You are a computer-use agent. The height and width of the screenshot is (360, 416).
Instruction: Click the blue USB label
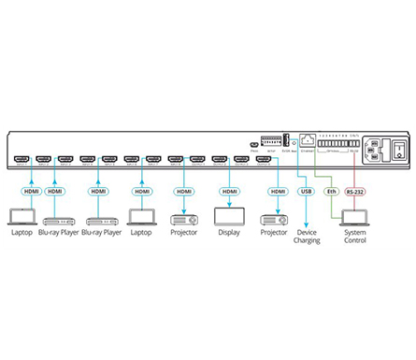point(305,192)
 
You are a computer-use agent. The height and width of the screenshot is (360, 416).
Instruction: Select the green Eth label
point(330,192)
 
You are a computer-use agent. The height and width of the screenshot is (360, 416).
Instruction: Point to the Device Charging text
point(307,235)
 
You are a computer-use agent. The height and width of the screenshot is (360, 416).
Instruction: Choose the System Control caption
point(356,235)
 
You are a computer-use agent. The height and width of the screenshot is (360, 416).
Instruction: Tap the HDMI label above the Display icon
point(229,192)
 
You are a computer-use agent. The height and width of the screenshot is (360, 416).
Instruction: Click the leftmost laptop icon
point(21,217)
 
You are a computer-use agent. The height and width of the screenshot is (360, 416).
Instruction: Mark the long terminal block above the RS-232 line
point(338,142)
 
